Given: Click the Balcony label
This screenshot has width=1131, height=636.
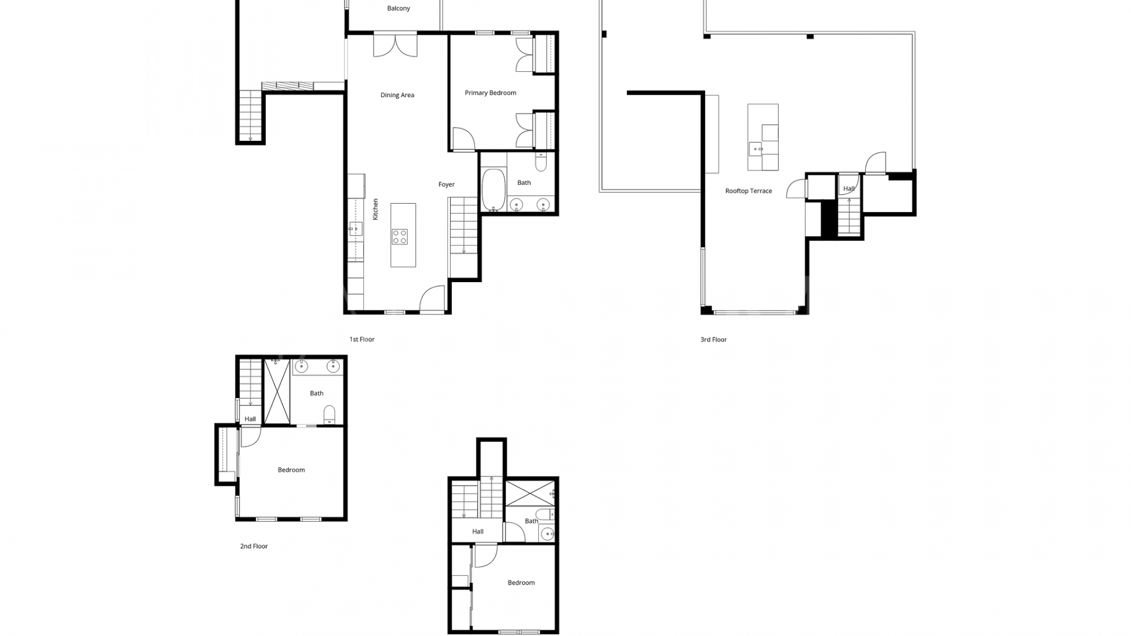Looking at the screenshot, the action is [x=399, y=8].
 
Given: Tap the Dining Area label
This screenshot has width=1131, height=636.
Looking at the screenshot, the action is [x=397, y=95].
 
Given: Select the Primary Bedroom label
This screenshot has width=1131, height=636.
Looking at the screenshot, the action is [x=490, y=92].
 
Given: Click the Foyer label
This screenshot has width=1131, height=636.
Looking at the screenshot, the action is [x=447, y=184].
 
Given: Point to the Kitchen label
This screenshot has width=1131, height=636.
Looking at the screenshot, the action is [x=375, y=209].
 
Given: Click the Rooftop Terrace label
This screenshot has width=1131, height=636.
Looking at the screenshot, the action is [x=748, y=191].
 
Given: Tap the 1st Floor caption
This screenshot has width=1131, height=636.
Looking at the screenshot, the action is [x=362, y=339].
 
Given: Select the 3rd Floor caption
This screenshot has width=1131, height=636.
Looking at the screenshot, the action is [x=713, y=339].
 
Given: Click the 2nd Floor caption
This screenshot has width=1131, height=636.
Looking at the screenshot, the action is [x=254, y=546].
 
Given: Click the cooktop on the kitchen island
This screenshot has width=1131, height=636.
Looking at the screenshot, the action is [x=399, y=237].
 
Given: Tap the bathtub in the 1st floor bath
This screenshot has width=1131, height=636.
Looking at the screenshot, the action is [x=494, y=190].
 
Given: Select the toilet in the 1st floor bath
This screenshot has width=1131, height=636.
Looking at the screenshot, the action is [x=541, y=161].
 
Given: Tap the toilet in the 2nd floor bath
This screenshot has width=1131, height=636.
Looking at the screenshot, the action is [x=329, y=415].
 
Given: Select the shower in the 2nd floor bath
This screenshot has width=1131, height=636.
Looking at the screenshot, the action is [x=277, y=391].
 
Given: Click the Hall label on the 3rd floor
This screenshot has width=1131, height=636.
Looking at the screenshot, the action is [x=849, y=188].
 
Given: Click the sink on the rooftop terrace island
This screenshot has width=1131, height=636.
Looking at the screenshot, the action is [x=756, y=149].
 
